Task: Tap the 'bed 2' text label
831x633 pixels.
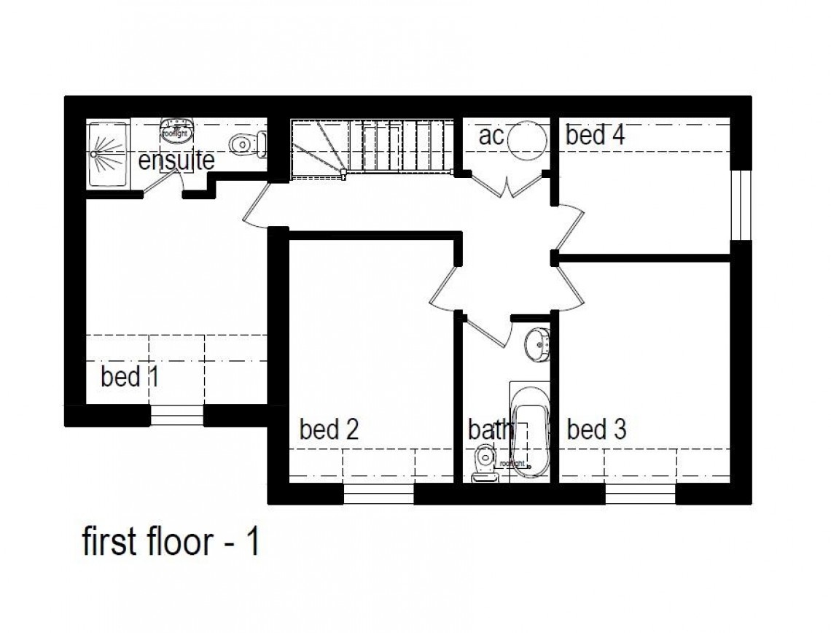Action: click(329, 430)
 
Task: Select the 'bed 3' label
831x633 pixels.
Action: click(596, 430)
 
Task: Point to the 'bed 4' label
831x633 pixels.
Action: click(595, 135)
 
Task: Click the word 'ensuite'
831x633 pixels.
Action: click(176, 160)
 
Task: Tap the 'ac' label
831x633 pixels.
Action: click(491, 136)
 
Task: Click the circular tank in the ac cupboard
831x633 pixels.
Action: click(526, 139)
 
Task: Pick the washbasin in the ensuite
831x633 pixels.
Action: click(176, 131)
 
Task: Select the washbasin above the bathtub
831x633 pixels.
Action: click(539, 343)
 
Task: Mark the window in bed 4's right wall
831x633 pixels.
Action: click(741, 206)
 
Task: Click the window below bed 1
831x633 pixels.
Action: click(176, 416)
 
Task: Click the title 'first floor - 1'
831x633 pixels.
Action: click(170, 543)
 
